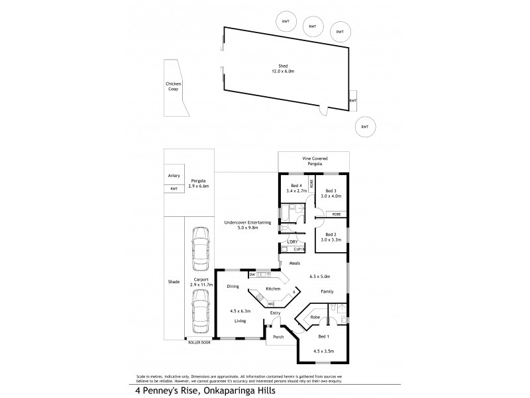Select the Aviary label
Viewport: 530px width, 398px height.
(x=174, y=176)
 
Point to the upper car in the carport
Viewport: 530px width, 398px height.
(x=199, y=247)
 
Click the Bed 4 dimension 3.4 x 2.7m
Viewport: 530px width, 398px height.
(x=294, y=191)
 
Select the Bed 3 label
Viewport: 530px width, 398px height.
(x=331, y=191)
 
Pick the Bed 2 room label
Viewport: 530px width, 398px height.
(x=331, y=234)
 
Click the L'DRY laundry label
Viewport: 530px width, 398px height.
(x=292, y=241)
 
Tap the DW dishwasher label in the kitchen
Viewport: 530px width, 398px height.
(x=252, y=274)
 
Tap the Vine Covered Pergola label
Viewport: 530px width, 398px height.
(x=314, y=162)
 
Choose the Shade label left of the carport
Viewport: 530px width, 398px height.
(x=174, y=282)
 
